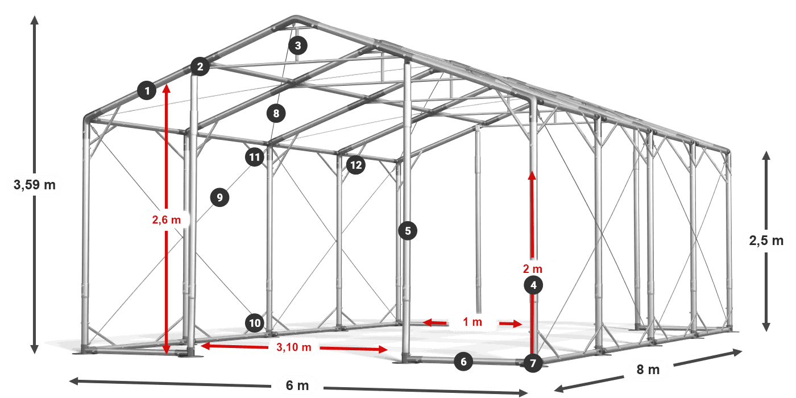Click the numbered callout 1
147,90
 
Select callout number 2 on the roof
200,67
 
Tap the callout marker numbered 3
298,45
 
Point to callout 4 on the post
533,285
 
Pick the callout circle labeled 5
408,231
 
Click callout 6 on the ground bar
463,362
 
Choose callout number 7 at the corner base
533,363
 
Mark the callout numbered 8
276,113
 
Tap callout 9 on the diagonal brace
219,197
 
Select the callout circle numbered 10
255,323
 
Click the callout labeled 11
255,157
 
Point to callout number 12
356,165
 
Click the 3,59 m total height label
35,185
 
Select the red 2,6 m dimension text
166,219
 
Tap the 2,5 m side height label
766,241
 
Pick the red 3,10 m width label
293,347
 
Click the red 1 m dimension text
472,322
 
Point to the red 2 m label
532,268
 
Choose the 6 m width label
297,385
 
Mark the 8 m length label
648,370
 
